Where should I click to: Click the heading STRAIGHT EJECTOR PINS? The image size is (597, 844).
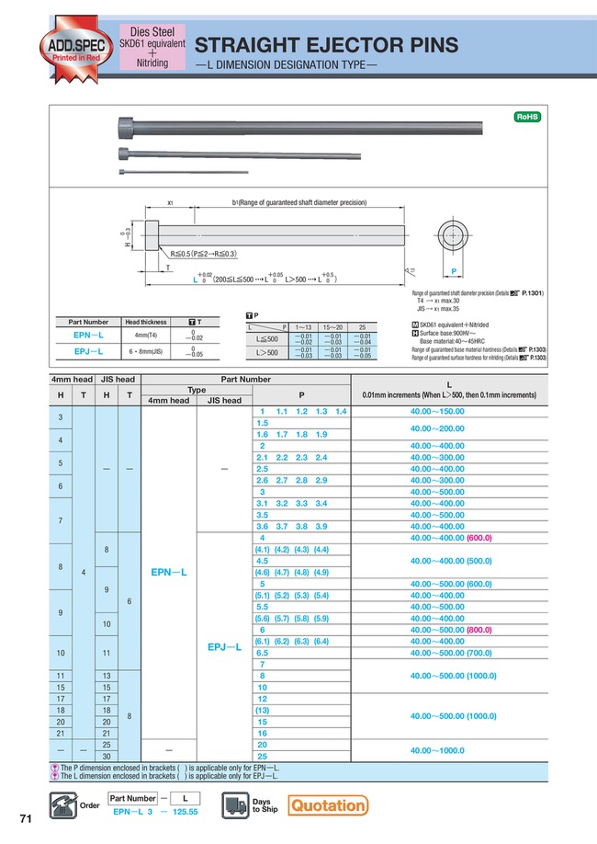pos(328,46)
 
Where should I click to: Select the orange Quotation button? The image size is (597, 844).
pos(327,805)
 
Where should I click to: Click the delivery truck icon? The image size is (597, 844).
pos(235,805)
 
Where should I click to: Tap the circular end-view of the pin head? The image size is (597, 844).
pos(452,235)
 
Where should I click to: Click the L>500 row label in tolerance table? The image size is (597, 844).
pos(267,351)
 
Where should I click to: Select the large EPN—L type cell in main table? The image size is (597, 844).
pos(169,572)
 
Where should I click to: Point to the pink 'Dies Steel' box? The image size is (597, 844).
pos(152,48)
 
